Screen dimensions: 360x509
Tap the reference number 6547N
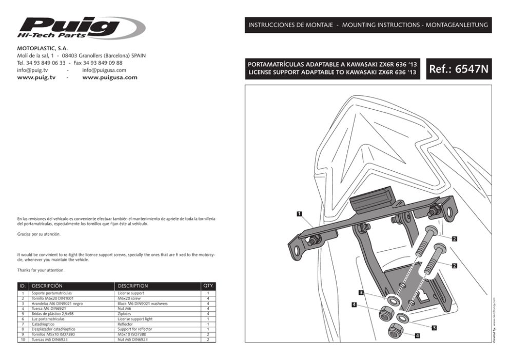click(x=458, y=69)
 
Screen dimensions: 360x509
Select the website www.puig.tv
click(x=36, y=77)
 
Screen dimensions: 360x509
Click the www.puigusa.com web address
click(x=110, y=77)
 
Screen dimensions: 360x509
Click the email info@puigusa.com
click(x=104, y=70)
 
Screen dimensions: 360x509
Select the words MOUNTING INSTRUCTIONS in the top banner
click(x=379, y=25)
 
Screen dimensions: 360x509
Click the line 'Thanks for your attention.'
click(x=41, y=270)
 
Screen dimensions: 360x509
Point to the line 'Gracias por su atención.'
click(x=38, y=234)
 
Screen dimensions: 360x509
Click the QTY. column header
click(x=208, y=285)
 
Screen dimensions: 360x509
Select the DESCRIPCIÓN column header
click(x=47, y=286)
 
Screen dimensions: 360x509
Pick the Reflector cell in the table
click(x=125, y=324)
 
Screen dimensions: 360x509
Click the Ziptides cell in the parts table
click(x=125, y=314)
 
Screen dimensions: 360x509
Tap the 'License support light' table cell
click(x=135, y=319)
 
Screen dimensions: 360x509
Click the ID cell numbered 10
click(x=23, y=339)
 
